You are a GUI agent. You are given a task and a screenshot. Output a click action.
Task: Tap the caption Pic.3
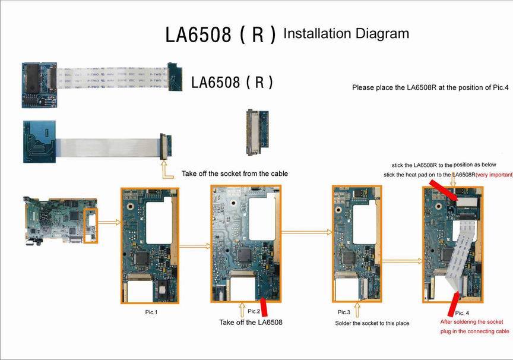[x=344, y=312]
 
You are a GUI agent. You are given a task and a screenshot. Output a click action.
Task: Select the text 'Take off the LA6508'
[x=251, y=323]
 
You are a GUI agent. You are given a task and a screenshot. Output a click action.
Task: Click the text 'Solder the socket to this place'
[x=372, y=323]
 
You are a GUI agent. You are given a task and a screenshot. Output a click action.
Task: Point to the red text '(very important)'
[x=494, y=175]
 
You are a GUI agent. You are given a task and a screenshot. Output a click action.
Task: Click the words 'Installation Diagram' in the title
[x=346, y=33]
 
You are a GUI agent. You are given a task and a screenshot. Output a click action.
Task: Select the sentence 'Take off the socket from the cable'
[x=235, y=173]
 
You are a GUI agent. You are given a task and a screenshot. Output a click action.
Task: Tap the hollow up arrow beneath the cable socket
[x=164, y=171]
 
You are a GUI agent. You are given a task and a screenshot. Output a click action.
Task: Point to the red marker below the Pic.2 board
[x=264, y=308]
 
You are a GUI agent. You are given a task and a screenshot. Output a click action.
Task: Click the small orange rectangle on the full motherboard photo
[x=90, y=225]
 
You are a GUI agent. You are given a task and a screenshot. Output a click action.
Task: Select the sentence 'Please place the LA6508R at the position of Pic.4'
[x=430, y=87]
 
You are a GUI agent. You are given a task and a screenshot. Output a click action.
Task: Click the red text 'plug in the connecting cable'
[x=474, y=331]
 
